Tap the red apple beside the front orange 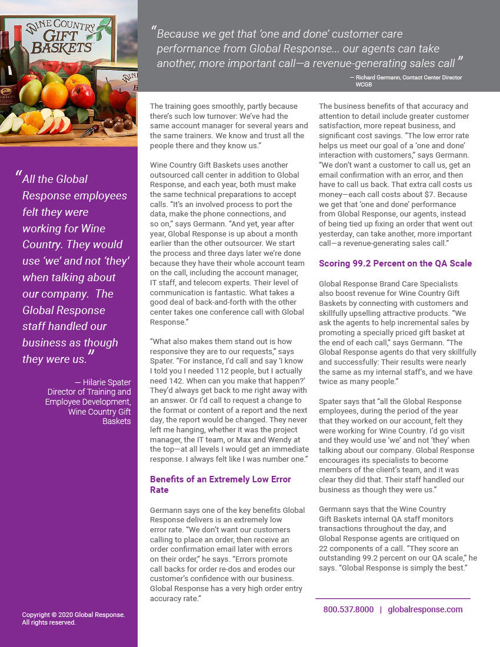(x=82, y=95)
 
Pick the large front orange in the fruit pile (x=55, y=95)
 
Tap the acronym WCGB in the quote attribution (x=364, y=85)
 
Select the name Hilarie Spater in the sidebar (x=107, y=382)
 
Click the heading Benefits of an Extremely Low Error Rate (x=220, y=484)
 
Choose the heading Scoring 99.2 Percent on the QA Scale (x=395, y=264)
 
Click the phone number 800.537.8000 (x=348, y=609)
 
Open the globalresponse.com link (x=425, y=609)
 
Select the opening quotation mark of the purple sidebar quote (x=18, y=175)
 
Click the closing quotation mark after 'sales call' (x=460, y=61)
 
